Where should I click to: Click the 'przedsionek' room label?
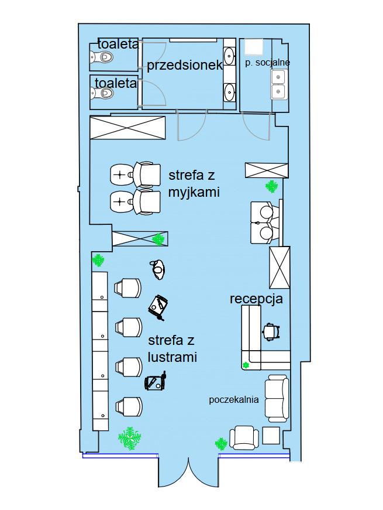[x=185, y=66]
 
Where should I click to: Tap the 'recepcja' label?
[x=256, y=299]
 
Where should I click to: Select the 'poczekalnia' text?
[x=234, y=399]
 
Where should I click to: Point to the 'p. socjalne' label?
[x=267, y=63]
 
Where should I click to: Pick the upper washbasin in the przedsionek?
[x=230, y=56]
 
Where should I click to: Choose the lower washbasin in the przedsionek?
[x=230, y=91]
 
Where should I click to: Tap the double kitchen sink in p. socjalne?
[x=278, y=84]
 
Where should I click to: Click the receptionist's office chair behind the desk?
[x=271, y=331]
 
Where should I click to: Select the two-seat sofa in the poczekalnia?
[x=277, y=398]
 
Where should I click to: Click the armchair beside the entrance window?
[x=244, y=437]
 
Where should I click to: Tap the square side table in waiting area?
[x=271, y=436]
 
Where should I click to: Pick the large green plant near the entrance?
[x=130, y=438]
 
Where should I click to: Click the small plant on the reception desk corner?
[x=246, y=365]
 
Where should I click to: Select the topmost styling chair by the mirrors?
[x=127, y=288]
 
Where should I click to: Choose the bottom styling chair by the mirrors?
[x=129, y=407]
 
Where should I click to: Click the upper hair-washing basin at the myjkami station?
[x=122, y=174]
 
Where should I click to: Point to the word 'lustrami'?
[x=172, y=357]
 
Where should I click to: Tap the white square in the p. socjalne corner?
[x=253, y=46]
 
